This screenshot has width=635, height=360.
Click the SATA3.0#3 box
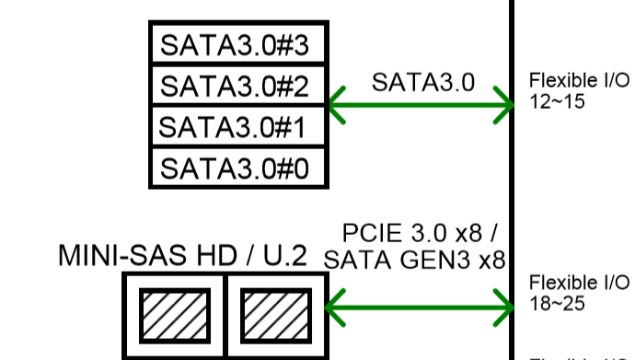point(238,43)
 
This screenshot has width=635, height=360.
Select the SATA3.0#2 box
point(238,85)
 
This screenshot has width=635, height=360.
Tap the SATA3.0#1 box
point(238,126)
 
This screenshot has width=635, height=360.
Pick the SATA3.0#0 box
point(238,168)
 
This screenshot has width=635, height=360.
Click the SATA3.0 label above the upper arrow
point(422,82)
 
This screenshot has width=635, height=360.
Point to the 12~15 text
point(557,101)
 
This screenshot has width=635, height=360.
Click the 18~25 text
point(557,303)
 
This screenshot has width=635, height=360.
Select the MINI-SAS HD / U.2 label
point(182,256)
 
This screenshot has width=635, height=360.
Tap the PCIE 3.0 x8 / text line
point(419,233)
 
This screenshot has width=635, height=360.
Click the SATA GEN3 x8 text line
point(415,260)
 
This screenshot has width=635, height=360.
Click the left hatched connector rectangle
point(175,316)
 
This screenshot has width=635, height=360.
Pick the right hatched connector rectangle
point(276,316)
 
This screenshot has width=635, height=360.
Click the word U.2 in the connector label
point(285,256)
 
